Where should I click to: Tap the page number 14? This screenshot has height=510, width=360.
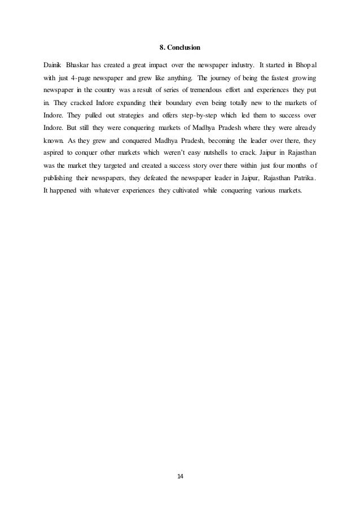click(180, 477)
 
